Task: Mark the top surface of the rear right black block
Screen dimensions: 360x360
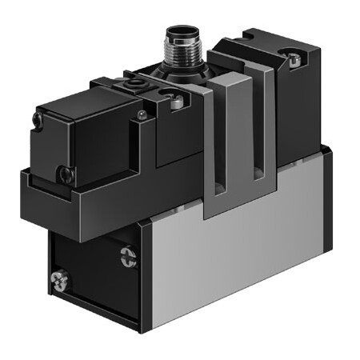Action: [x=276, y=40]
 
